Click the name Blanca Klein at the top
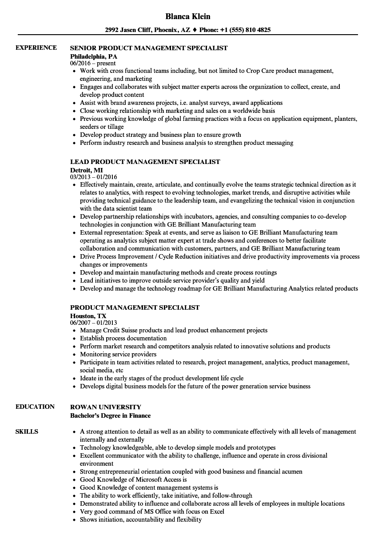[x=188, y=16]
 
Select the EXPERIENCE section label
[x=36, y=48]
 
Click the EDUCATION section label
[x=35, y=407]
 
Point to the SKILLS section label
[x=27, y=431]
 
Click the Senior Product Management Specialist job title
[x=149, y=48]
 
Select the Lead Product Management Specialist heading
[x=145, y=162]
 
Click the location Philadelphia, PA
[x=94, y=56]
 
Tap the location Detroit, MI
[x=87, y=170]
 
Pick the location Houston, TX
[x=88, y=315]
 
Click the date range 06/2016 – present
[x=93, y=64]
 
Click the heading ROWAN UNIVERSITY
[x=106, y=407]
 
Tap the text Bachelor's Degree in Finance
[x=111, y=416]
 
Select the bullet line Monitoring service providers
[x=118, y=355]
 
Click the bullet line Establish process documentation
[x=123, y=339]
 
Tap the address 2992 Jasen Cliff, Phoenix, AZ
[x=148, y=30]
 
